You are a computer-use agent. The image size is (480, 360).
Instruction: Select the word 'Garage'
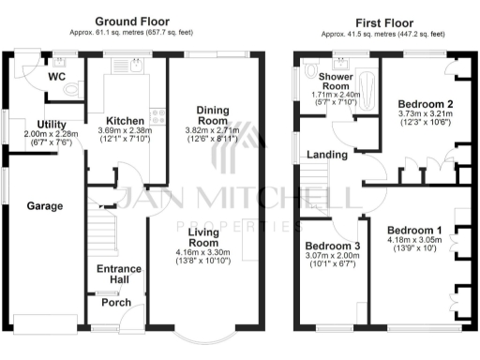pyautogui.click(x=44, y=205)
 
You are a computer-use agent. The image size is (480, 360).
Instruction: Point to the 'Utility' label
pyautogui.click(x=52, y=125)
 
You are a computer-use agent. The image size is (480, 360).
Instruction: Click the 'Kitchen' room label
pyautogui.click(x=124, y=121)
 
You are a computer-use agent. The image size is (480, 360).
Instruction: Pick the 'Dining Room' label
pyautogui.click(x=212, y=115)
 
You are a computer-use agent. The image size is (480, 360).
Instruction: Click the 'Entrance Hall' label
pyautogui.click(x=120, y=275)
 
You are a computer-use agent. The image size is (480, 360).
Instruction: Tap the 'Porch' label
pyautogui.click(x=117, y=303)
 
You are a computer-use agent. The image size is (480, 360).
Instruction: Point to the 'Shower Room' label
pyautogui.click(x=335, y=82)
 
